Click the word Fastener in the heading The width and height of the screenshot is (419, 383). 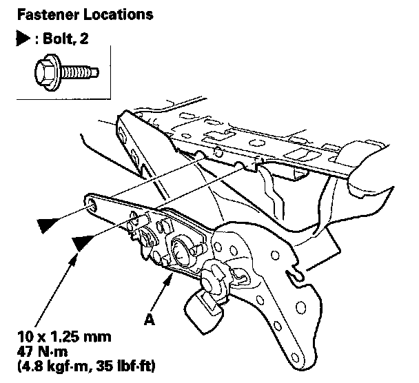[48, 14]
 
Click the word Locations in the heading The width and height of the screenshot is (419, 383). [119, 14]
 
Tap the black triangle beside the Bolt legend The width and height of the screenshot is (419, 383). [23, 39]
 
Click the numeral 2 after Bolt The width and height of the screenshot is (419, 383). [83, 39]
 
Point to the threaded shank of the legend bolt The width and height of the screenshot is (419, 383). [79, 72]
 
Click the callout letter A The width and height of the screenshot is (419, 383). [150, 319]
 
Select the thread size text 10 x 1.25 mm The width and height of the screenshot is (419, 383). [64, 337]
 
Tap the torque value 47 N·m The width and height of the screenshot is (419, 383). [42, 351]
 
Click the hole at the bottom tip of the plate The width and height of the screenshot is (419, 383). [295, 358]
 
